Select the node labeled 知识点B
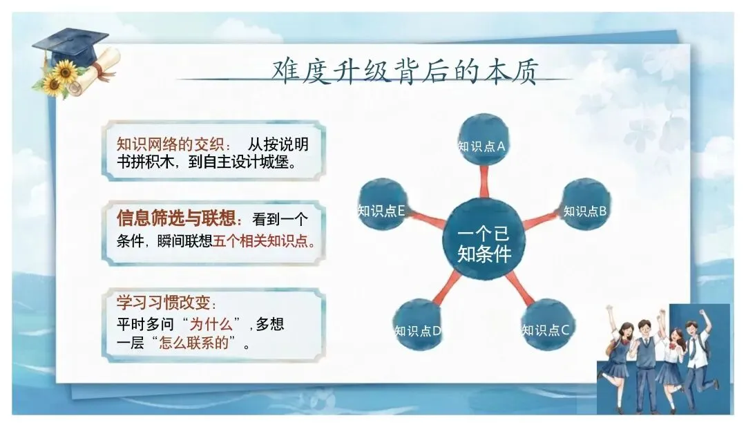click(x=586, y=205)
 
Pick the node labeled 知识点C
click(x=546, y=324)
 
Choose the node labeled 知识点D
click(x=418, y=324)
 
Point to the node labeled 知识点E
click(x=383, y=205)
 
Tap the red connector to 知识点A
click(x=484, y=182)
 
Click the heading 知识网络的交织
click(x=171, y=144)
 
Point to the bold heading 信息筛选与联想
click(x=177, y=218)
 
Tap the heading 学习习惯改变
click(x=164, y=302)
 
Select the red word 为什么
click(x=211, y=324)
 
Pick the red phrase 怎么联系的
click(x=194, y=343)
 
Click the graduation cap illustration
click(x=70, y=46)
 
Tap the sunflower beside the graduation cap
click(x=64, y=72)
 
